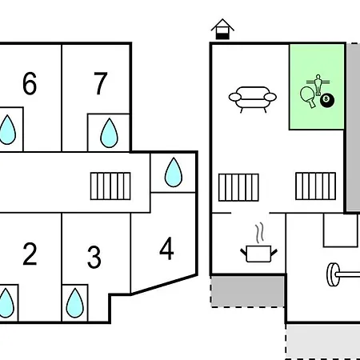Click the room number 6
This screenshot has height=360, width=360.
click(30, 83)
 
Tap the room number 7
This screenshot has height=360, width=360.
click(101, 83)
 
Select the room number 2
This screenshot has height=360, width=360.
click(30, 254)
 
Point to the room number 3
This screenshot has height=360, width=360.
click(94, 257)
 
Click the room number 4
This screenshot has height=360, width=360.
click(166, 249)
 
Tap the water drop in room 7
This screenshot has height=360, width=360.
click(109, 133)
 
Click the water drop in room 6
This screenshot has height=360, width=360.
click(7, 130)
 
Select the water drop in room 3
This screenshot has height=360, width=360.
click(75, 303)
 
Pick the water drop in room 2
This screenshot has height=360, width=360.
click(6, 303)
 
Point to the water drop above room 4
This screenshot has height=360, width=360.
click(174, 172)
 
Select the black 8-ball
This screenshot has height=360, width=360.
click(327, 100)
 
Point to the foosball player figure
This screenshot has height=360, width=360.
click(318, 85)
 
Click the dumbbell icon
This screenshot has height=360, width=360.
click(343, 274)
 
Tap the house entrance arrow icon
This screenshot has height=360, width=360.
click(222, 30)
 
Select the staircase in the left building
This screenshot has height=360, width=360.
click(110, 186)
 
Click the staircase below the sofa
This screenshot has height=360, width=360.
click(238, 187)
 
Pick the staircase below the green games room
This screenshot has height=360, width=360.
click(316, 186)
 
